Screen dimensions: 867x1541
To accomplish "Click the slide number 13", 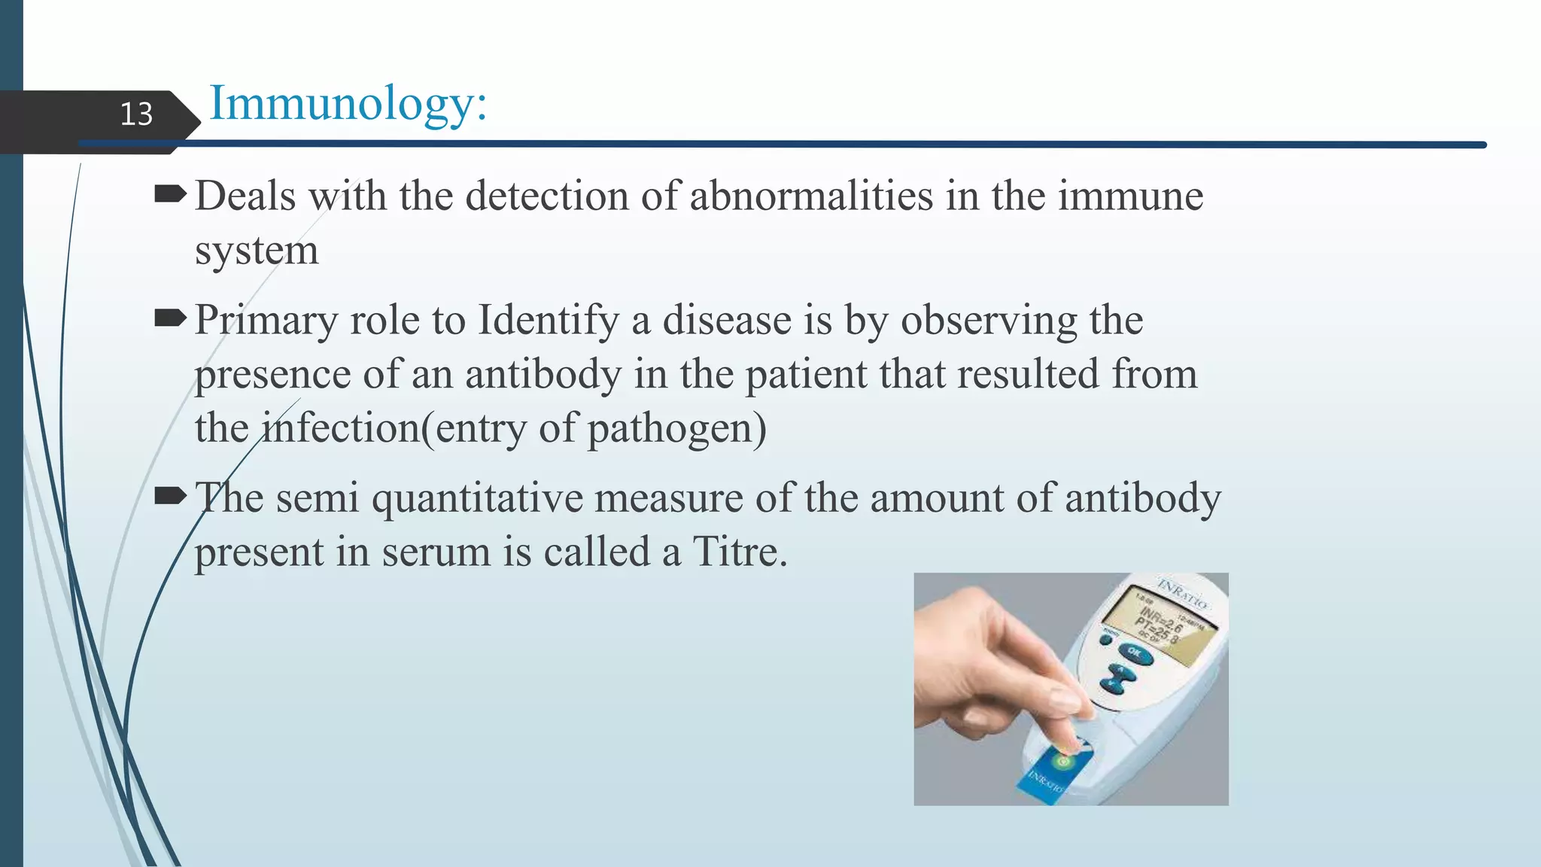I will [136, 114].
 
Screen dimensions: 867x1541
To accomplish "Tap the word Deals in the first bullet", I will [245, 196].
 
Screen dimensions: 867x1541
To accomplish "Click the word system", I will [257, 251].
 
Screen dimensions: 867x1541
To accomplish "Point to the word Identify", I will [549, 321].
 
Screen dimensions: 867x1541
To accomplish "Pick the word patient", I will [806, 375].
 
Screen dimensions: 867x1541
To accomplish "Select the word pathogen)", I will [676, 429].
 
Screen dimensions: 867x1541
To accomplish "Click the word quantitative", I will [477, 498].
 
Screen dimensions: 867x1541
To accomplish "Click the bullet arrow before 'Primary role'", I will [170, 319].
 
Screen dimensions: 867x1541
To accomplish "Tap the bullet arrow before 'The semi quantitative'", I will [170, 496].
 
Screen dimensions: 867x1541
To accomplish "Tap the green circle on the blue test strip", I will [1062, 762].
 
